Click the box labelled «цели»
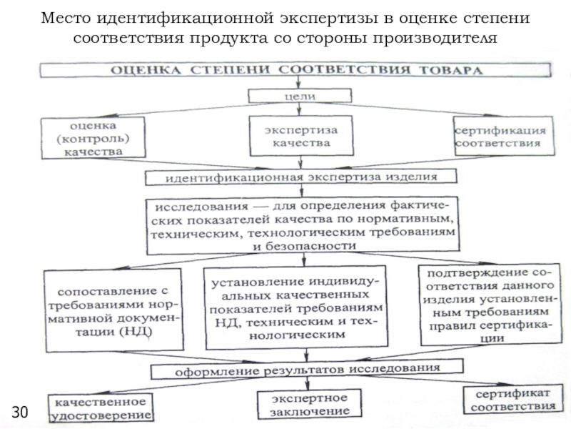coord(300,96)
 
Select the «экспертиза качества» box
coord(301,136)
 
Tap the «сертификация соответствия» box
coord(504,136)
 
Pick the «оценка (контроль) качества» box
coord(94,138)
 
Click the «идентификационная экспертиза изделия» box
coord(300,177)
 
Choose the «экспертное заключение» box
coord(309,404)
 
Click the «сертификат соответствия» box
coord(513,400)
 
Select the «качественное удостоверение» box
coord(101,408)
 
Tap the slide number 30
coord(20,412)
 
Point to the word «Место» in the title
coord(66,18)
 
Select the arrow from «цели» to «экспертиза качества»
coord(299,109)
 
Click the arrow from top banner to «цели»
coord(298,83)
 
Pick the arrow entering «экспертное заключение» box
coord(308,384)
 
